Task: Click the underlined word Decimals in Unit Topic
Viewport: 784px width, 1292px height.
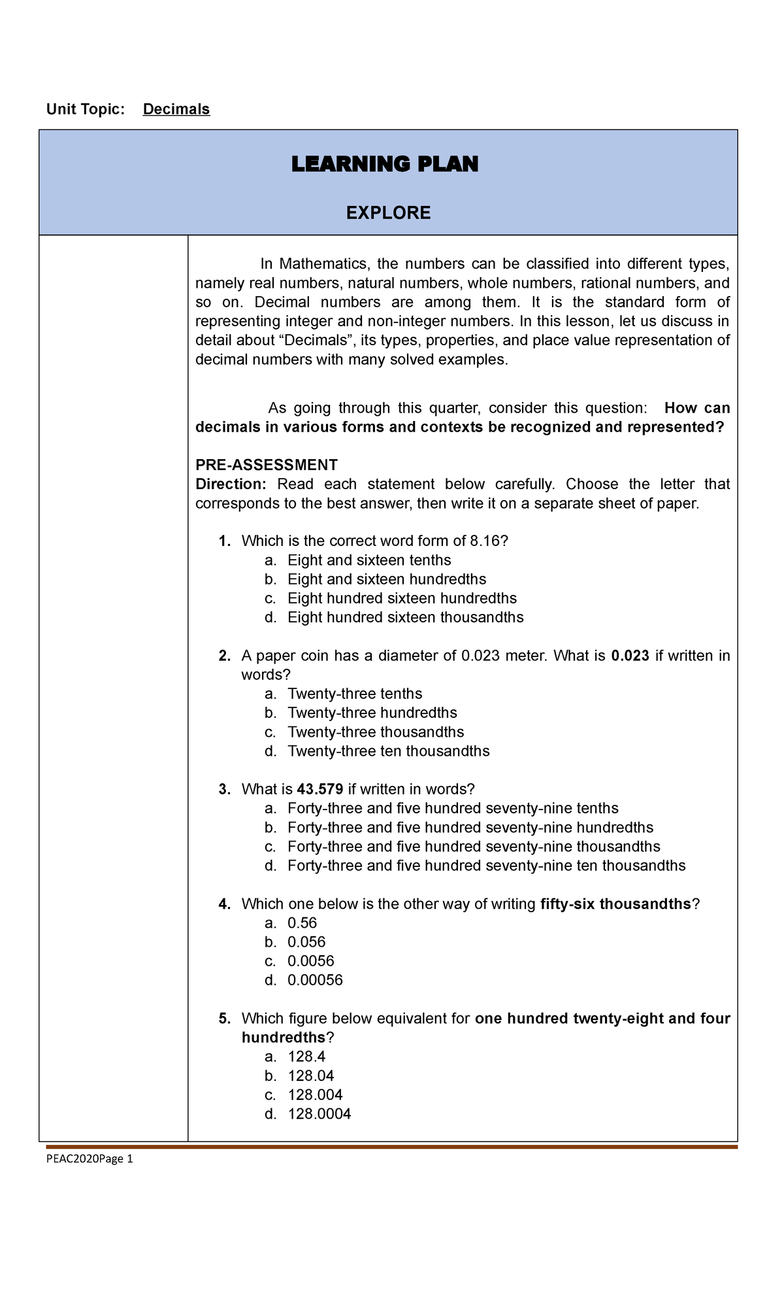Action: pos(176,109)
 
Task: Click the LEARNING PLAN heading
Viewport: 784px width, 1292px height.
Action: pos(385,164)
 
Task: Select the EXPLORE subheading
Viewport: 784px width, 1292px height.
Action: pos(388,212)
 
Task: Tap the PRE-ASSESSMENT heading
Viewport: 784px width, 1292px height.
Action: pos(267,465)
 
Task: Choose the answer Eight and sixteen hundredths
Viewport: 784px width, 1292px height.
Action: pos(387,579)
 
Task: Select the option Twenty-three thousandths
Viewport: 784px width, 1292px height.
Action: pos(376,732)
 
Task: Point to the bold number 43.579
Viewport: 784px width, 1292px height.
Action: pos(319,789)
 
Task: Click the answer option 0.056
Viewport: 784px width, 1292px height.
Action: pos(306,942)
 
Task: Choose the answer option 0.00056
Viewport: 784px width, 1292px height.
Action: pos(315,980)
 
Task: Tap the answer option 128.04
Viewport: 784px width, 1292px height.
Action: pos(310,1076)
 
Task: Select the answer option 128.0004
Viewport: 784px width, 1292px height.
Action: pos(319,1113)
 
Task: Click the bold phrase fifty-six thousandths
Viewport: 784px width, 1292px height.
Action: pos(616,904)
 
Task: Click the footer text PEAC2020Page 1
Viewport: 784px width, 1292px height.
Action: pos(90,1159)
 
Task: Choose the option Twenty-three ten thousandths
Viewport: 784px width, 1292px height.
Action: pos(388,751)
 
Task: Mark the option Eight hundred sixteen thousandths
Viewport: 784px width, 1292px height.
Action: pos(405,617)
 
